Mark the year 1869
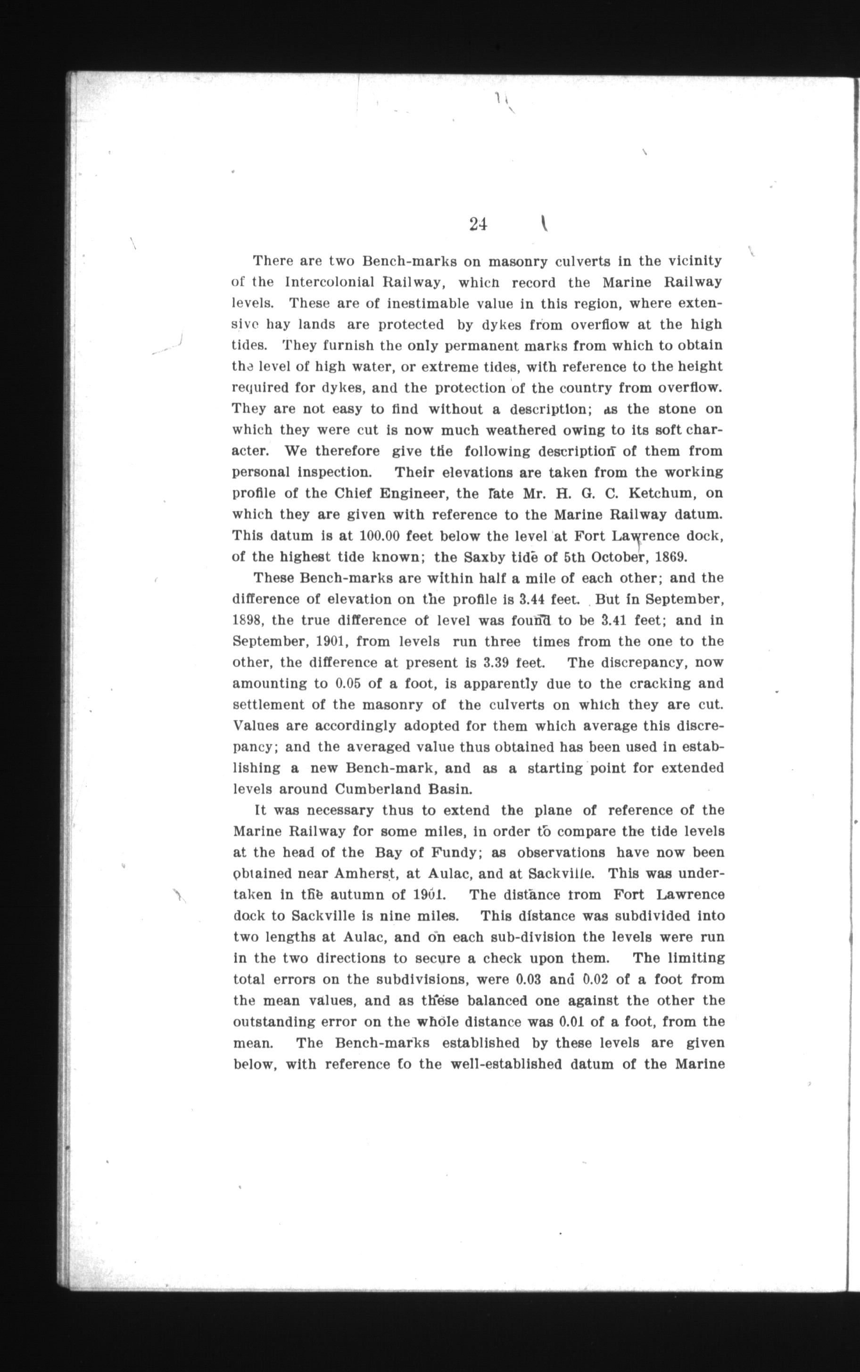(x=675, y=557)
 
